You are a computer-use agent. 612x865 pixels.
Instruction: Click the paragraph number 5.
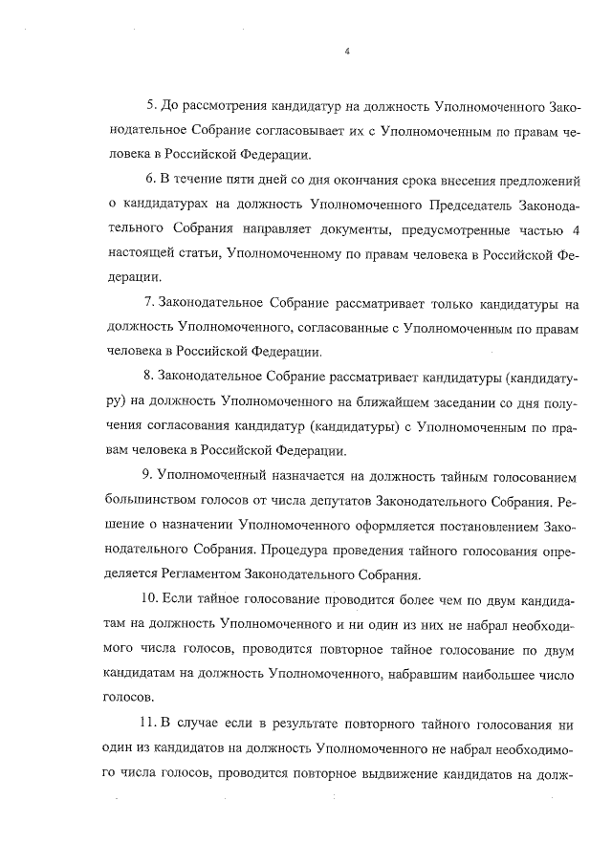(148, 103)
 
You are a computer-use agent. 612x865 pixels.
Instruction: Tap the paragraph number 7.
(148, 303)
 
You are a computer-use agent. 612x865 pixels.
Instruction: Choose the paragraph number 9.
(148, 476)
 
